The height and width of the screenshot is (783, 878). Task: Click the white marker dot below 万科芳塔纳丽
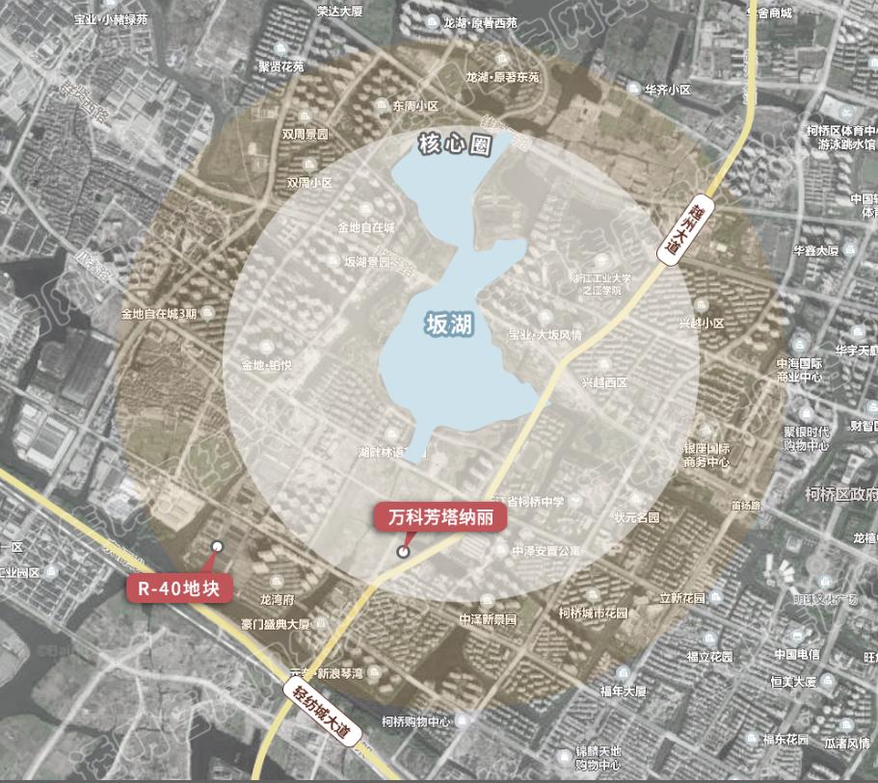(x=403, y=552)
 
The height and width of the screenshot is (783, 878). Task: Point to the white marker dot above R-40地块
(x=217, y=546)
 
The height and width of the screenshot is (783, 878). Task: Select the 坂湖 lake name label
(x=448, y=326)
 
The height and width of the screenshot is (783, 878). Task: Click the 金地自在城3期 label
(x=158, y=313)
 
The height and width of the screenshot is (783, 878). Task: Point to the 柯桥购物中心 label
(x=415, y=720)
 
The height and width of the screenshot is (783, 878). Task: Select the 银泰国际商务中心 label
(x=706, y=456)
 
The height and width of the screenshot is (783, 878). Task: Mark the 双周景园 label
(x=305, y=134)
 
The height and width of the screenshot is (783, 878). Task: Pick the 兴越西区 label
(x=603, y=382)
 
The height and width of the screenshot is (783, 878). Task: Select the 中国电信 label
(x=796, y=654)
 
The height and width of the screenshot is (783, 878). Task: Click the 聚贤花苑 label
(x=280, y=66)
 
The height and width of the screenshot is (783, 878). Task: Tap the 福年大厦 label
(x=622, y=692)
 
